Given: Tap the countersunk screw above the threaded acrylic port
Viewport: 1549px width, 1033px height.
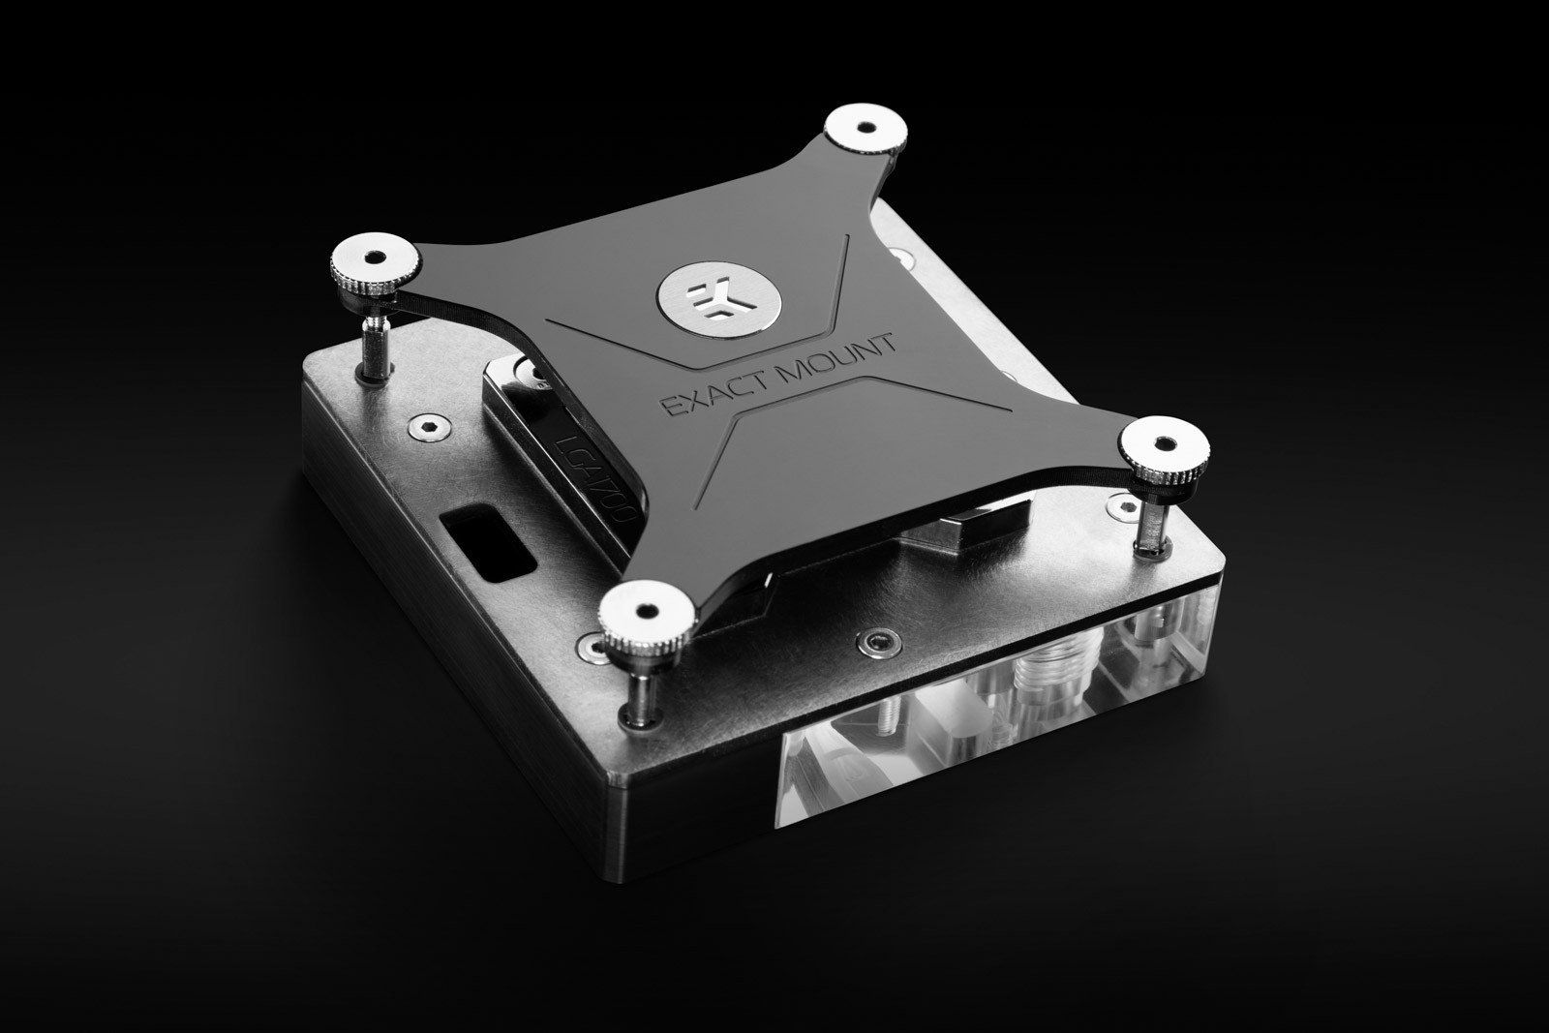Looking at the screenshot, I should click(878, 643).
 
